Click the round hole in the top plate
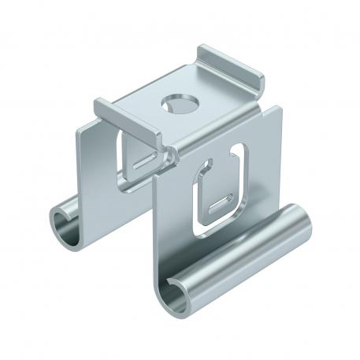[173, 103]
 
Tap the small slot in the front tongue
[221, 206]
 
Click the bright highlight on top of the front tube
[236, 244]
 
